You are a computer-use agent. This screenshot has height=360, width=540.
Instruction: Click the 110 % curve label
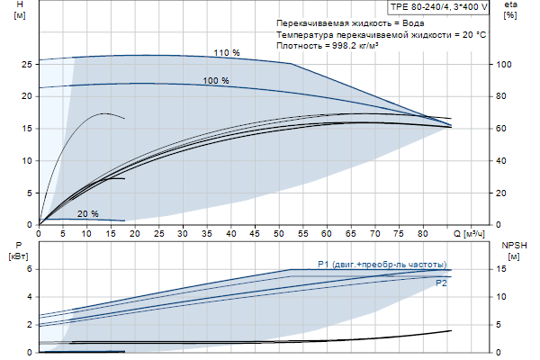[x=227, y=53]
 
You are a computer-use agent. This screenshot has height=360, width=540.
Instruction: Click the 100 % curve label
[x=215, y=81]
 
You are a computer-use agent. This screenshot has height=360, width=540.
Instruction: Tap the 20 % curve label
[x=87, y=214]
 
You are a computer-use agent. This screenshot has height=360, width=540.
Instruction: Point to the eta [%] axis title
[x=510, y=11]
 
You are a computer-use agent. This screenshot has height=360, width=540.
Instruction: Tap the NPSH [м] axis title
[x=512, y=250]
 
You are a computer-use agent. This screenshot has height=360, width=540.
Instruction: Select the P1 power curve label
[x=382, y=264]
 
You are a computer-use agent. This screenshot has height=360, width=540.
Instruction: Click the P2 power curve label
[x=441, y=283]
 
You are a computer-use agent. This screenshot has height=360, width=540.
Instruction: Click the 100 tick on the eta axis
[x=505, y=64]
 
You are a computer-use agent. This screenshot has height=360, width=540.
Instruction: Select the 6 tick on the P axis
[x=29, y=269]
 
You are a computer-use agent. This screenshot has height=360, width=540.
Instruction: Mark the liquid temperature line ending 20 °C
[x=382, y=33]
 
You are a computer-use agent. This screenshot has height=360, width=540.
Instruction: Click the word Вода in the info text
[x=404, y=22]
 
